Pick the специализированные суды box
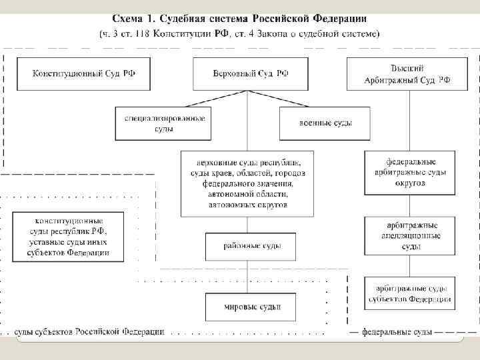164,123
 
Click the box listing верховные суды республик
247,183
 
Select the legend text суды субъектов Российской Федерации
89,331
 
